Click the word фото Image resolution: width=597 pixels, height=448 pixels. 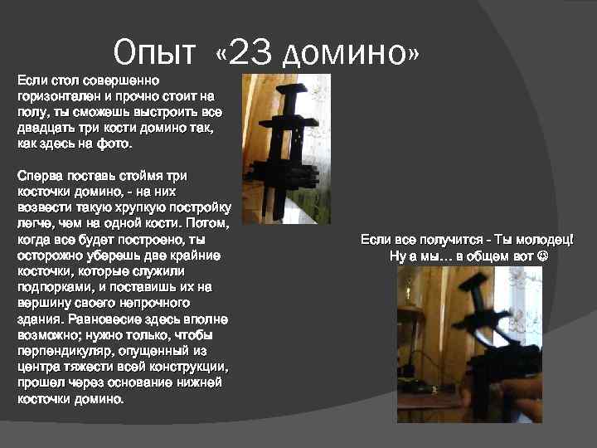[x=114, y=144]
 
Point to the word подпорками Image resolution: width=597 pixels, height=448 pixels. [x=54, y=287]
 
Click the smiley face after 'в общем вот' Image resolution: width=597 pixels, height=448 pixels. [x=542, y=256]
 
